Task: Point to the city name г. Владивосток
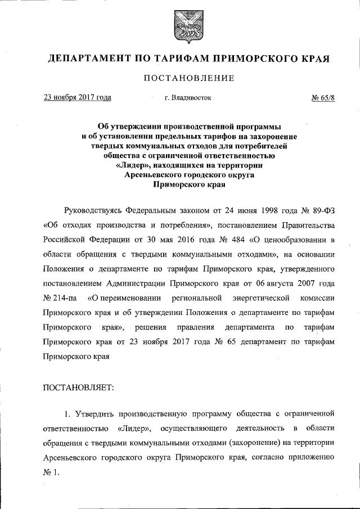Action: pos(188,97)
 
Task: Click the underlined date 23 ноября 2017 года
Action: pos(77,97)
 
